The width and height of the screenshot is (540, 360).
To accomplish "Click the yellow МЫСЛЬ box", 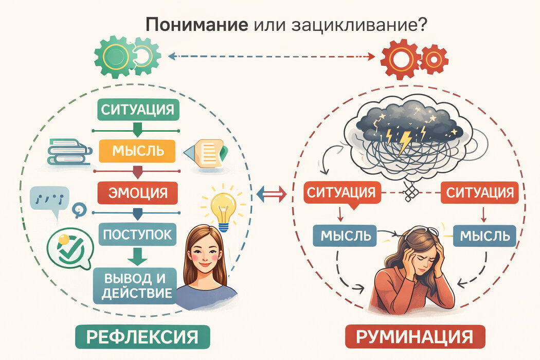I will click(138, 151).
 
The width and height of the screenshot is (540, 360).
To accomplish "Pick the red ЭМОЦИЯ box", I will click(137, 193).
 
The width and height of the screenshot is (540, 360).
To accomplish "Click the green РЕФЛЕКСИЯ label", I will click(142, 337).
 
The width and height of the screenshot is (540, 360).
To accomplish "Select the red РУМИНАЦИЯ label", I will click(414, 338).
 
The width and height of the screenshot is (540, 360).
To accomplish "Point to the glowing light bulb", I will click(223, 208).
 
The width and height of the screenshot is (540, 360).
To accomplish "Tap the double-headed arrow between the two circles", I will click(271, 193).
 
